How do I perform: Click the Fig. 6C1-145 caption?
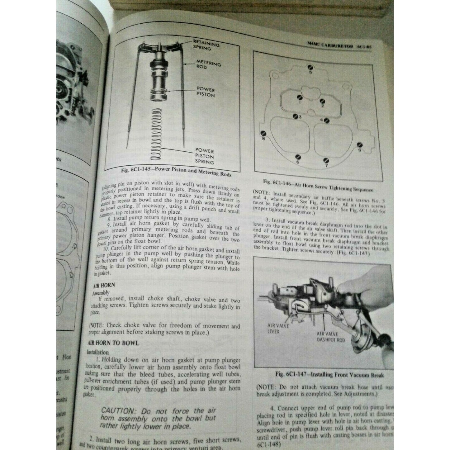[177, 173]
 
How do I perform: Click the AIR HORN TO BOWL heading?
[114, 343]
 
